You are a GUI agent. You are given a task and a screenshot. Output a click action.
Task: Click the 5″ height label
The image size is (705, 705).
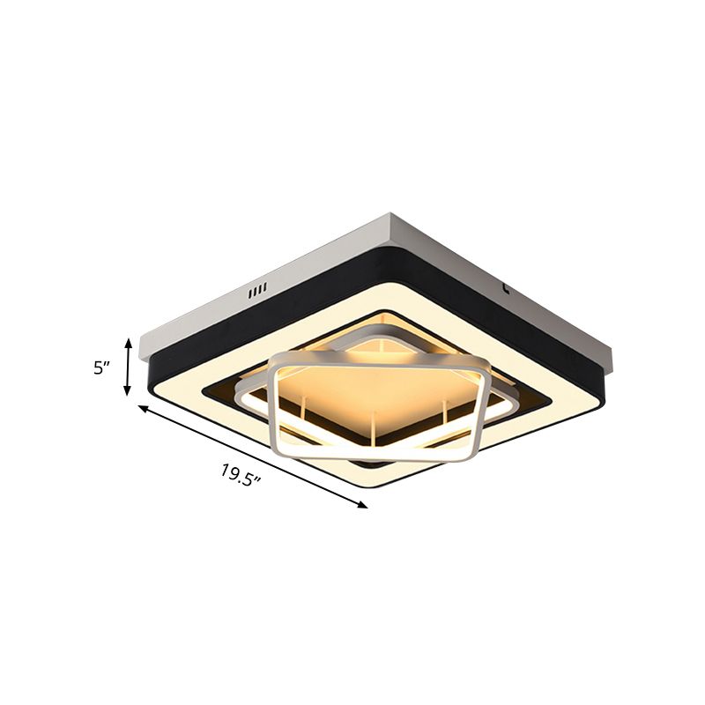point(104,368)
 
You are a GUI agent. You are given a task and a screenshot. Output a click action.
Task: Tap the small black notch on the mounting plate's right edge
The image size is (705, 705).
point(505,286)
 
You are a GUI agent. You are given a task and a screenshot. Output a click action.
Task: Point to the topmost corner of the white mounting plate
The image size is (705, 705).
point(390,214)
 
